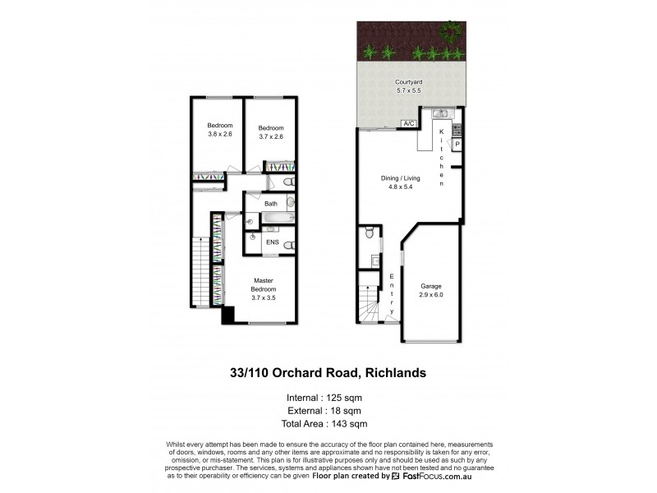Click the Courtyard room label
pyautogui.click(x=407, y=82)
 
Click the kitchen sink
pyautogui.click(x=439, y=113)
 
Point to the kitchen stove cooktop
pyautogui.click(x=457, y=128)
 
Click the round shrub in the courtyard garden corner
pyautogui.click(x=449, y=31)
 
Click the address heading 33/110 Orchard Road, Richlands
pyautogui.click(x=328, y=373)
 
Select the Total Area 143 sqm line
pyautogui.click(x=328, y=423)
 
